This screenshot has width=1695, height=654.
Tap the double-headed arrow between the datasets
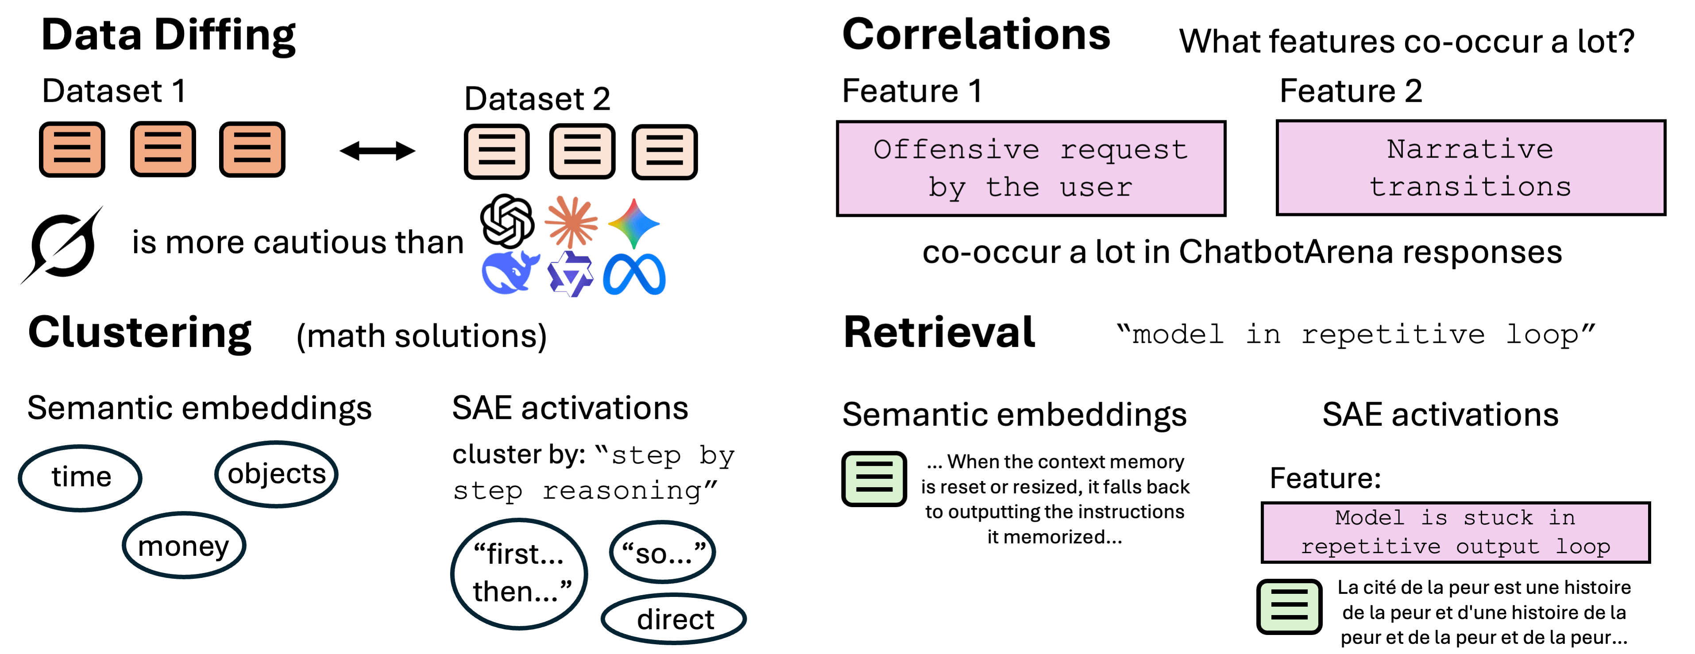(x=377, y=151)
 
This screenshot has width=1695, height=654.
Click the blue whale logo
(x=509, y=272)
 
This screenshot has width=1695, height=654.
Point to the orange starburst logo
(x=571, y=222)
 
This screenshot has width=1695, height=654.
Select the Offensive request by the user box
(x=1031, y=169)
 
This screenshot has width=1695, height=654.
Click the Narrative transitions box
(x=1470, y=168)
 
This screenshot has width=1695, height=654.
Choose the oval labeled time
(x=80, y=477)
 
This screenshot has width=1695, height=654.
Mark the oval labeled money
(x=184, y=546)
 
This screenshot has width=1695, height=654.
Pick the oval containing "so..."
(x=663, y=553)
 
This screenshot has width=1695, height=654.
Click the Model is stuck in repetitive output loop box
(x=1455, y=532)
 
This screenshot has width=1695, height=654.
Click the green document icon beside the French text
(x=1288, y=606)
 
